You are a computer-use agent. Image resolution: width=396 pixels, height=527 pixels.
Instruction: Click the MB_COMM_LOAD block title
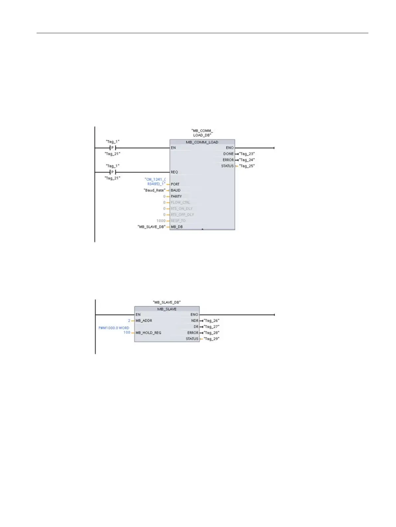point(202,142)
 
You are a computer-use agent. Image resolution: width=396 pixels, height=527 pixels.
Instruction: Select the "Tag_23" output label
point(247,154)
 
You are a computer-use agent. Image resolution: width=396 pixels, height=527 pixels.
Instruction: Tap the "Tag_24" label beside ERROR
point(247,160)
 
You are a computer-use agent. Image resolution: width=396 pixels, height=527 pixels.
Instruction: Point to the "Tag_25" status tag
point(247,166)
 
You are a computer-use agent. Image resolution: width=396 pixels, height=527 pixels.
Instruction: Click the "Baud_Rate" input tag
point(154,190)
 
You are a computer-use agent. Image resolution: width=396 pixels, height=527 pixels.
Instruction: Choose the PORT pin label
point(175,184)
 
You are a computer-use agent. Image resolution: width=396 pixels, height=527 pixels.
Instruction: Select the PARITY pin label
point(176,196)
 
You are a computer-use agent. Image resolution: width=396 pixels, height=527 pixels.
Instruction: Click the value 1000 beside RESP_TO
point(161,220)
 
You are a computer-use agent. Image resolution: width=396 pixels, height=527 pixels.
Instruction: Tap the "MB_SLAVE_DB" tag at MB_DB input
point(151,227)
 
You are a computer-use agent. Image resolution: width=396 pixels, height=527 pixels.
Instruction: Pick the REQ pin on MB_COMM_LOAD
point(174,172)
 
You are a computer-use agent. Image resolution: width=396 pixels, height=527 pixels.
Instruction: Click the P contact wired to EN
point(112,148)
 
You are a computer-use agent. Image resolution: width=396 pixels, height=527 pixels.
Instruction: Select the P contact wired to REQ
point(112,172)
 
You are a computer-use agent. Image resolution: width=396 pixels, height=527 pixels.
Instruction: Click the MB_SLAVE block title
point(167,309)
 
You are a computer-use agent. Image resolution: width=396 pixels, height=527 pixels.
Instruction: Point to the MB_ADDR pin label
point(144,320)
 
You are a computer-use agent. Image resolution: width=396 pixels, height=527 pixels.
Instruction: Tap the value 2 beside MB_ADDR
point(129,320)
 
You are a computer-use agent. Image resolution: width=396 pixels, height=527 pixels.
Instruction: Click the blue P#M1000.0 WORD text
point(114,328)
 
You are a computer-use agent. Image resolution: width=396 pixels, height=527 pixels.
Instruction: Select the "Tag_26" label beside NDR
point(211,320)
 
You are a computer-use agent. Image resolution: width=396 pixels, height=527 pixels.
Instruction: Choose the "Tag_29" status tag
point(211,339)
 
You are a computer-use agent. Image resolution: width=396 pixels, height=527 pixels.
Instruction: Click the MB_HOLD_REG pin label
point(148,332)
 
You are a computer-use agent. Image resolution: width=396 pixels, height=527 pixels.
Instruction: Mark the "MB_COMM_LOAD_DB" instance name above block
point(202,133)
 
